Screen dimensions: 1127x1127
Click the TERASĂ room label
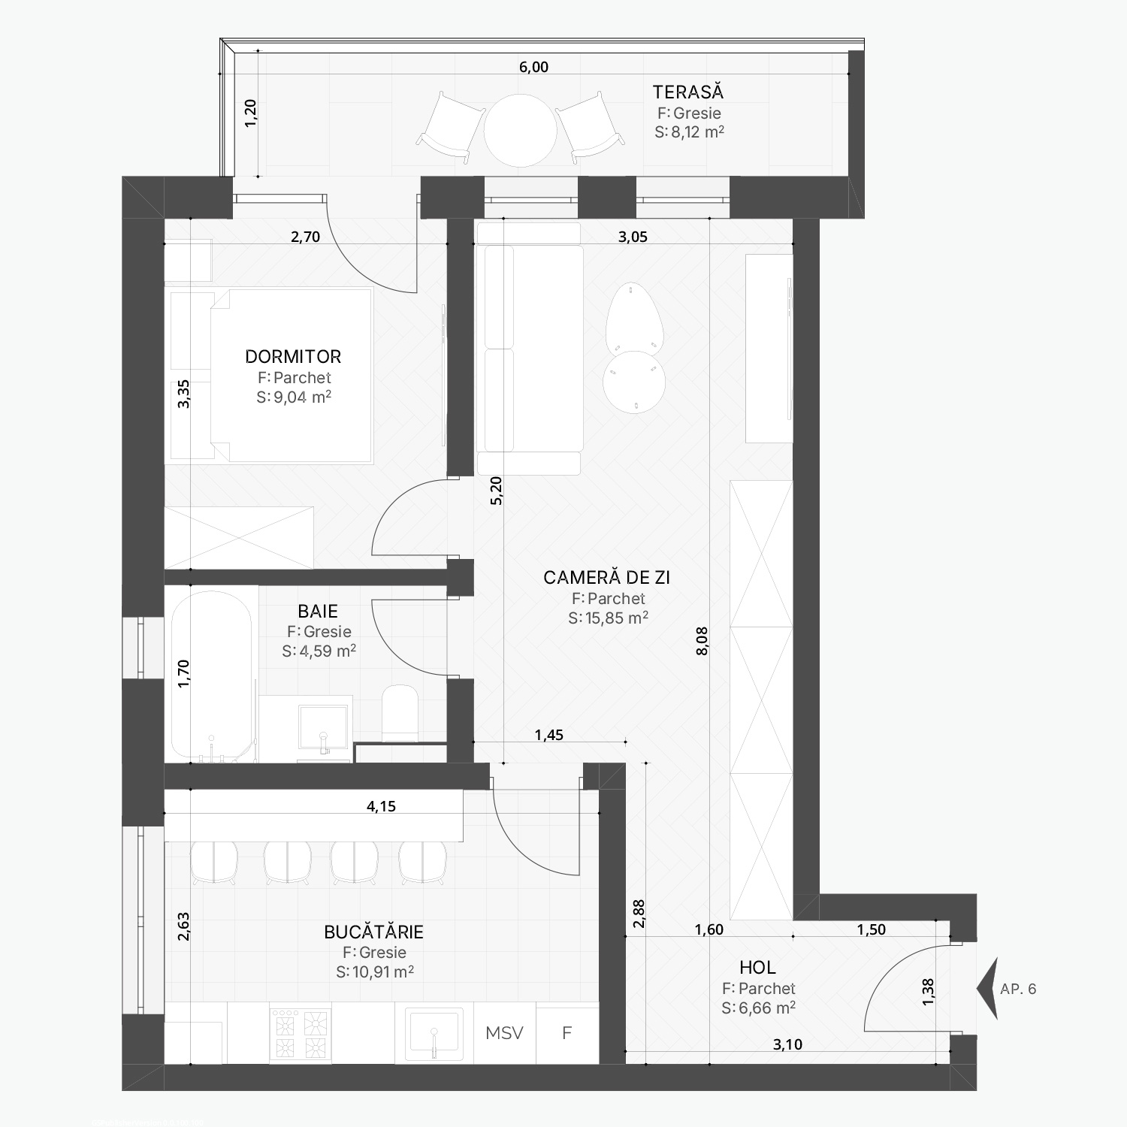tap(687, 92)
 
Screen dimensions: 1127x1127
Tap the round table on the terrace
tap(520, 130)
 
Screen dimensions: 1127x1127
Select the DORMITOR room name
tap(293, 356)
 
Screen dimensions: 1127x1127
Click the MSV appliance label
tap(504, 1032)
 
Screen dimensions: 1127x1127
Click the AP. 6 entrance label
tap(1018, 989)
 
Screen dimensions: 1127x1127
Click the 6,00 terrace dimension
tap(533, 67)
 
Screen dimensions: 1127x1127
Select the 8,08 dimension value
tap(702, 641)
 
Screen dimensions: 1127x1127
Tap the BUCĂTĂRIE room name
tap(373, 932)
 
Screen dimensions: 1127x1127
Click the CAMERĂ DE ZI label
tap(606, 577)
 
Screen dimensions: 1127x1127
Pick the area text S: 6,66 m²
tap(758, 1008)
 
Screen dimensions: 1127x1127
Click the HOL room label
tap(757, 968)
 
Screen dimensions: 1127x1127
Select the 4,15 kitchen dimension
tap(381, 806)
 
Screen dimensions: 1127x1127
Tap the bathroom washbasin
tap(323, 727)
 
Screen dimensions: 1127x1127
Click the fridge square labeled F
tap(567, 1033)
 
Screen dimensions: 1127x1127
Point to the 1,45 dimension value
tap(548, 735)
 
